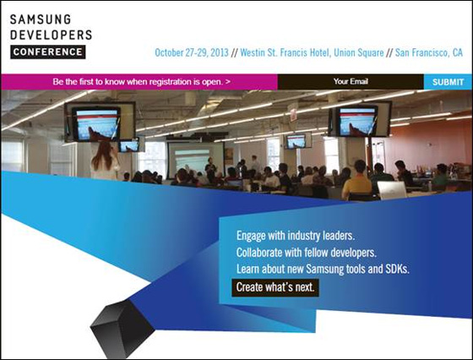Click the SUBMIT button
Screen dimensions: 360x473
coord(447,82)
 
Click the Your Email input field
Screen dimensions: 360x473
coord(351,82)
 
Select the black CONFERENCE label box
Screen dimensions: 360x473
coord(48,52)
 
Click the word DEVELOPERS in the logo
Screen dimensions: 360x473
coord(52,35)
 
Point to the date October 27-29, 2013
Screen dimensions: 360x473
coord(190,52)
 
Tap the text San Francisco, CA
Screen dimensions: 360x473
coord(429,52)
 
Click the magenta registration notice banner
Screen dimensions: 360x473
coord(139,82)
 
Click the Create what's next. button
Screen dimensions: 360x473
coord(277,287)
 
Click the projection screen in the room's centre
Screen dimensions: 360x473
coord(196,157)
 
